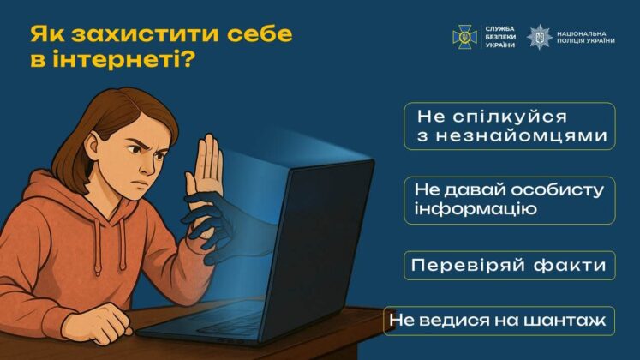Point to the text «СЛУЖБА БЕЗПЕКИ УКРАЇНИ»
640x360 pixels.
[x=500, y=36]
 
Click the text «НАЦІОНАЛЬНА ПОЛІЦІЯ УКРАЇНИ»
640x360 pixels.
[x=585, y=36]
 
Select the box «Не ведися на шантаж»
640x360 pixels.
[x=499, y=321]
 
